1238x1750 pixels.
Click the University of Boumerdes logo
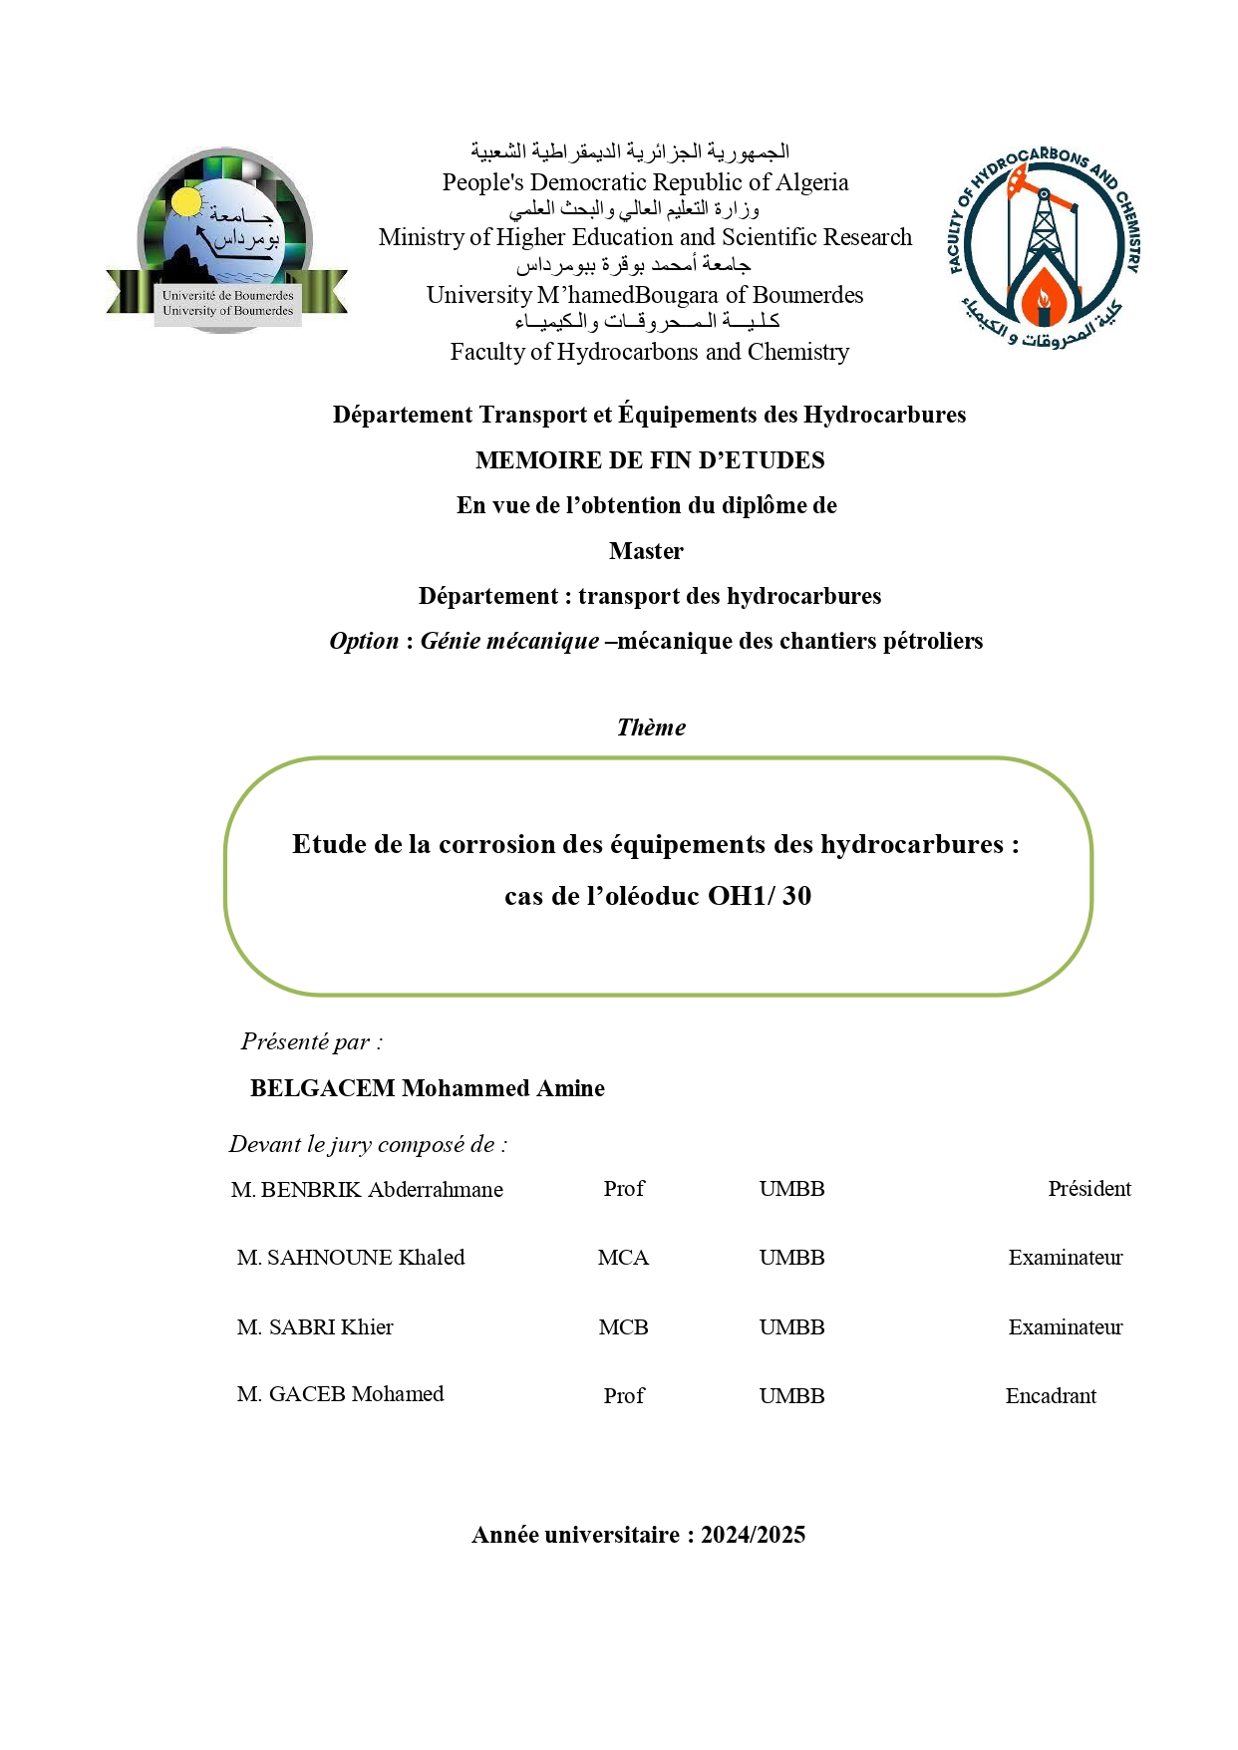227,242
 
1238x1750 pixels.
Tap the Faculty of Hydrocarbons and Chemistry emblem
1043,249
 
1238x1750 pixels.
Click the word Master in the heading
646,551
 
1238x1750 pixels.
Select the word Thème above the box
651,728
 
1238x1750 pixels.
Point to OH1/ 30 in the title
760,896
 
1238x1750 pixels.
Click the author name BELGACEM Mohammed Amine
427,1088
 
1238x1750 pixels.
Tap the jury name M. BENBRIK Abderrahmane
367,1190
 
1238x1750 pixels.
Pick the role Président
1088,1189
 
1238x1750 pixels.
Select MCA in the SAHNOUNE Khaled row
623,1258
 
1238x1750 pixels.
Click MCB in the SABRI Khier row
623,1327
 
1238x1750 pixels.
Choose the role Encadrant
1051,1396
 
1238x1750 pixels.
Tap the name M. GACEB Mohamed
340,1394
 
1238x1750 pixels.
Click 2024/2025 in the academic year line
753,1535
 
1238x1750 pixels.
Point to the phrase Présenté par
306,1042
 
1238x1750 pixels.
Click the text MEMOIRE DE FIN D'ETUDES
650,460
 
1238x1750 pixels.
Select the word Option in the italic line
364,641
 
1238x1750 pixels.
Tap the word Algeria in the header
813,182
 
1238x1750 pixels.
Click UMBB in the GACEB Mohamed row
791,1396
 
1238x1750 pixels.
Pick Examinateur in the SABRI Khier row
1065,1327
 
